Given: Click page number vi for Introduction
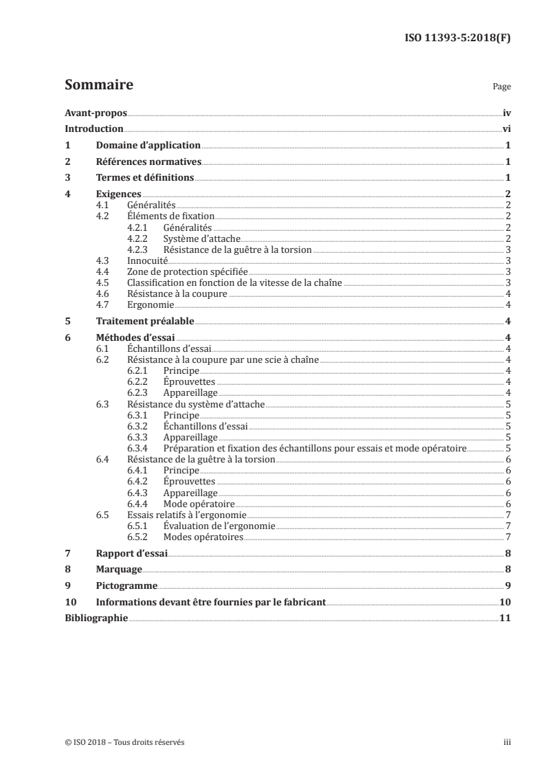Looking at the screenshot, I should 506,128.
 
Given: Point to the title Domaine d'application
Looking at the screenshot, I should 148,145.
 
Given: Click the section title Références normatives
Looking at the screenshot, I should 148,161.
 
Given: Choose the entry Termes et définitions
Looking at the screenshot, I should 145,178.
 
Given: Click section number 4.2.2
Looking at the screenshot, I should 139,238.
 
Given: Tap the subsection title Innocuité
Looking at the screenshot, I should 148,260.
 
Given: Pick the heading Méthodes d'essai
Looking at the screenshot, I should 135,337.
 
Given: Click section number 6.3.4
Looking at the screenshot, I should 139,448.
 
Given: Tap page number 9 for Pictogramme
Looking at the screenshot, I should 507,586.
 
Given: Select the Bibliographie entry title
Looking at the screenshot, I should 96,618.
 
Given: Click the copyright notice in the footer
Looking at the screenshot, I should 124,742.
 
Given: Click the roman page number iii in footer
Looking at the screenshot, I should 507,742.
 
